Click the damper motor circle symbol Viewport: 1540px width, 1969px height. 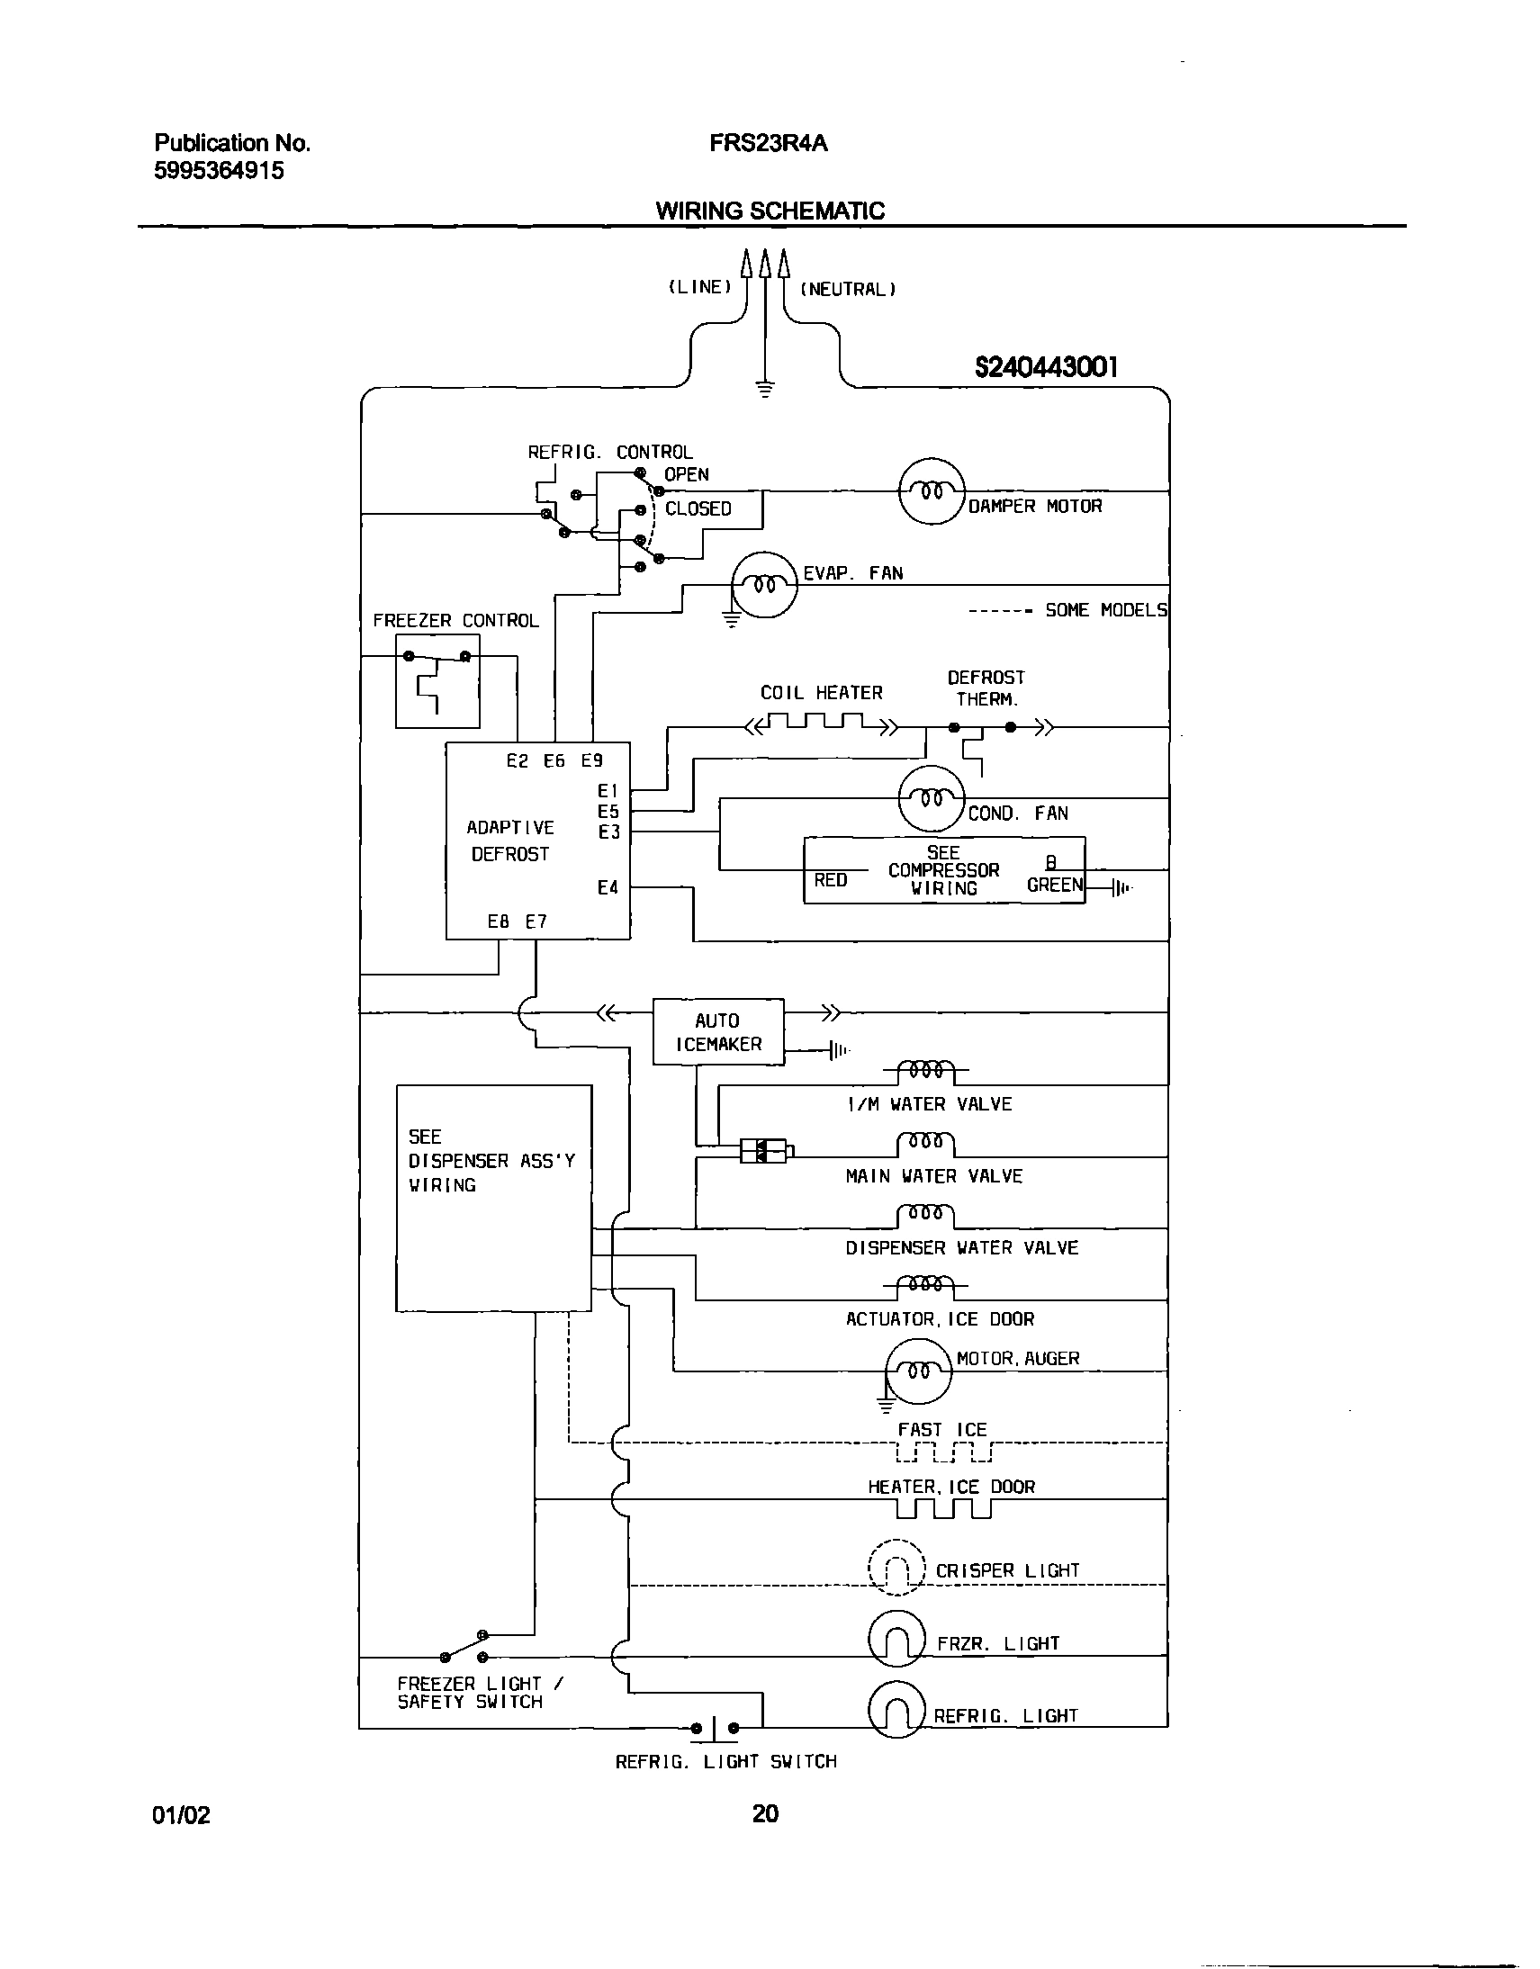(932, 491)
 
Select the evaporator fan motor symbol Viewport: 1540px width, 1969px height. (763, 585)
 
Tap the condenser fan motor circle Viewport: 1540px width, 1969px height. (932, 799)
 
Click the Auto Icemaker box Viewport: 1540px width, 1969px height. (717, 1031)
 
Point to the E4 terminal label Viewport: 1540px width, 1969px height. (608, 888)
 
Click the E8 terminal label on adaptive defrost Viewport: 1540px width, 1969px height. (498, 922)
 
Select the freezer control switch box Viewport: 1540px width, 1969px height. (437, 681)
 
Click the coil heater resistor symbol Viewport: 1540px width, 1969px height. (820, 721)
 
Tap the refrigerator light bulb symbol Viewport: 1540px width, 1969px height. (896, 1710)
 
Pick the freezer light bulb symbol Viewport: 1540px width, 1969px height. (896, 1638)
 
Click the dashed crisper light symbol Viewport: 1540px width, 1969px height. (896, 1568)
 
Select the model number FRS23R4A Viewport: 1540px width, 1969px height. (768, 143)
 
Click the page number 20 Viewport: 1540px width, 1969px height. (764, 1813)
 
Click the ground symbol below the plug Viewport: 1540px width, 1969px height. (764, 390)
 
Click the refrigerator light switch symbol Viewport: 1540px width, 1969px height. (714, 1729)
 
